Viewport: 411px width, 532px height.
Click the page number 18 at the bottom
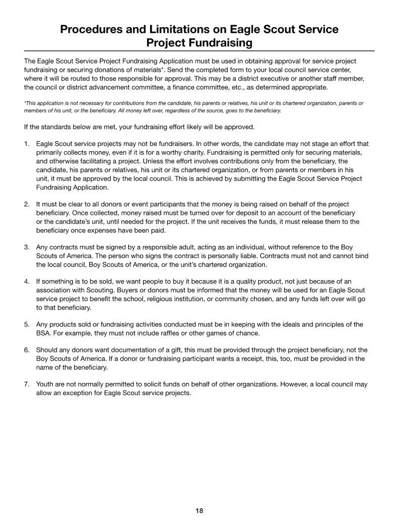pyautogui.click(x=199, y=511)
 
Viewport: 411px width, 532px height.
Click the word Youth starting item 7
pyautogui.click(x=45, y=384)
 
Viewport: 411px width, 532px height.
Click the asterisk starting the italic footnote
pyautogui.click(x=25, y=103)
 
